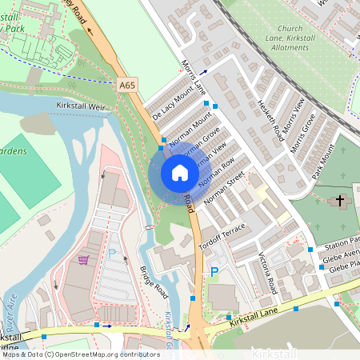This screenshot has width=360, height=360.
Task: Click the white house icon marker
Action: tap(179, 172)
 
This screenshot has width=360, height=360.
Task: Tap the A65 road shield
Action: tap(127, 84)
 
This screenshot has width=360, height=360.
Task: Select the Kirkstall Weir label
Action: tap(82, 106)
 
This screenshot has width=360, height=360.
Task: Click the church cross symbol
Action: tap(339, 199)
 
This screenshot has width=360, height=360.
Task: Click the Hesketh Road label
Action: tap(270, 120)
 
